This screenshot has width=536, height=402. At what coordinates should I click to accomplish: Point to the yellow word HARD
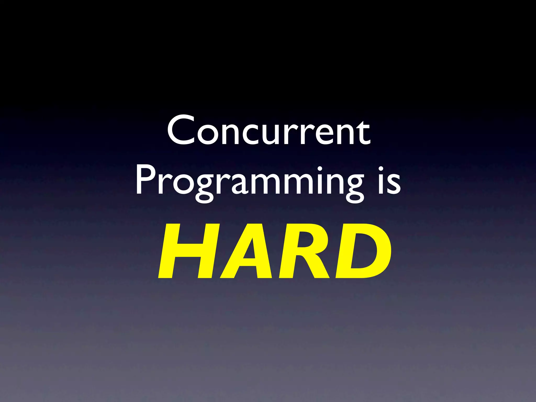[275, 251]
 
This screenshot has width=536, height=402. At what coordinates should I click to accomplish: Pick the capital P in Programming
[145, 181]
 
